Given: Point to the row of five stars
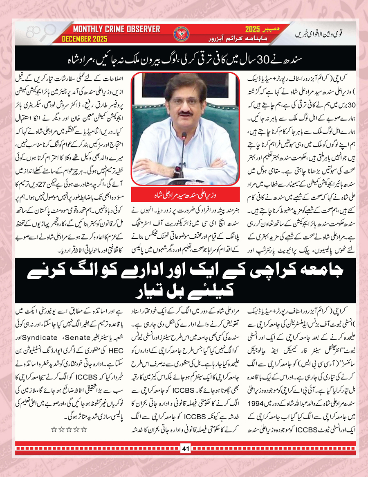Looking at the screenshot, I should click(69, 430).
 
